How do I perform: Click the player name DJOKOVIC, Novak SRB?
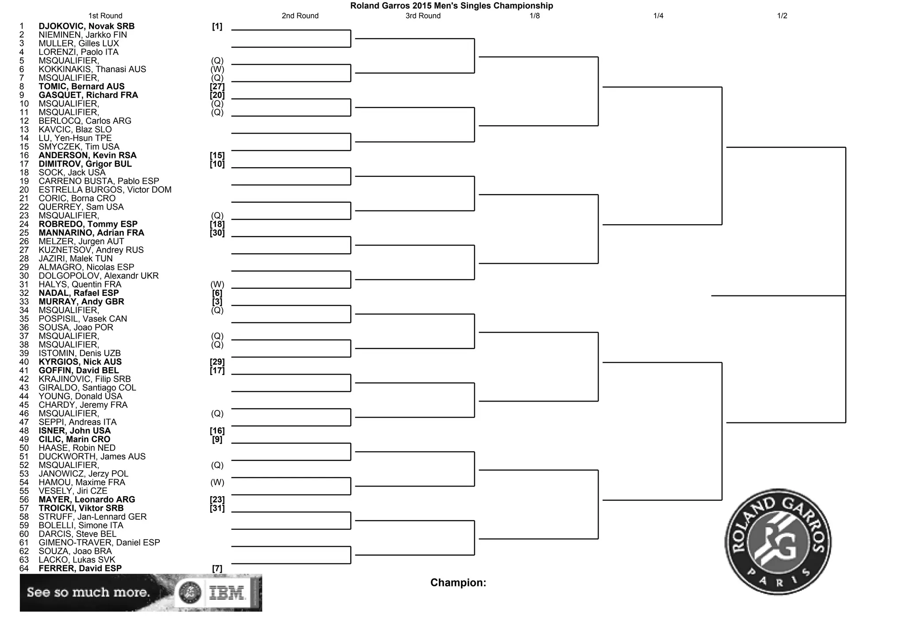pyautogui.click(x=86, y=27)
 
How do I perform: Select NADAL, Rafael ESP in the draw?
pyautogui.click(x=78, y=293)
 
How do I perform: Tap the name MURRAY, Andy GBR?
pyautogui.click(x=81, y=302)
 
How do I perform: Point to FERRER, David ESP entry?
pyautogui.click(x=80, y=568)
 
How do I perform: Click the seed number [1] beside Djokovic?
pyautogui.click(x=217, y=27)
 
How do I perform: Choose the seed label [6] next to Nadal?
pyautogui.click(x=217, y=293)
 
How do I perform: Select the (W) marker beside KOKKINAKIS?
pyautogui.click(x=217, y=69)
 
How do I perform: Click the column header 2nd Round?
pyautogui.click(x=300, y=16)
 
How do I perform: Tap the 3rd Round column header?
pyautogui.click(x=423, y=16)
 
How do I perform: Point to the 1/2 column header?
pyautogui.click(x=782, y=16)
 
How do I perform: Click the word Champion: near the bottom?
pyautogui.click(x=458, y=583)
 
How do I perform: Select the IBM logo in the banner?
pyautogui.click(x=226, y=593)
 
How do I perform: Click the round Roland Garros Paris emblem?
pyautogui.click(x=778, y=542)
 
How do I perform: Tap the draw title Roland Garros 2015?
pyautogui.click(x=451, y=6)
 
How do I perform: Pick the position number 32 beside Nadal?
pyautogui.click(x=24, y=293)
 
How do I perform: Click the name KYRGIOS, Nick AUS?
pyautogui.click(x=80, y=362)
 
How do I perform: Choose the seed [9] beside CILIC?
pyautogui.click(x=217, y=440)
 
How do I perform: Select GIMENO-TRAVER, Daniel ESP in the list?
pyautogui.click(x=99, y=543)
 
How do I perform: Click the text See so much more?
pyautogui.click(x=88, y=592)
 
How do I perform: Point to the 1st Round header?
pyautogui.click(x=105, y=16)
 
